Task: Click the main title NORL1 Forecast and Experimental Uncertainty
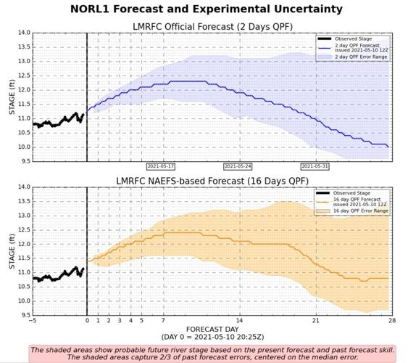(x=207, y=9)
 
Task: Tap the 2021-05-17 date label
(x=162, y=166)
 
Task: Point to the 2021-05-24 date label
(x=238, y=166)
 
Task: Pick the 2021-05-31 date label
(x=315, y=166)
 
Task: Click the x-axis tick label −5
(x=33, y=321)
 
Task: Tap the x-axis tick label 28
(x=391, y=321)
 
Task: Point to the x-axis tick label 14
(x=239, y=321)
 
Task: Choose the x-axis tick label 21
(x=315, y=321)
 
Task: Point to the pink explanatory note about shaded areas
(x=212, y=353)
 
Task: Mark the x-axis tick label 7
(x=163, y=321)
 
